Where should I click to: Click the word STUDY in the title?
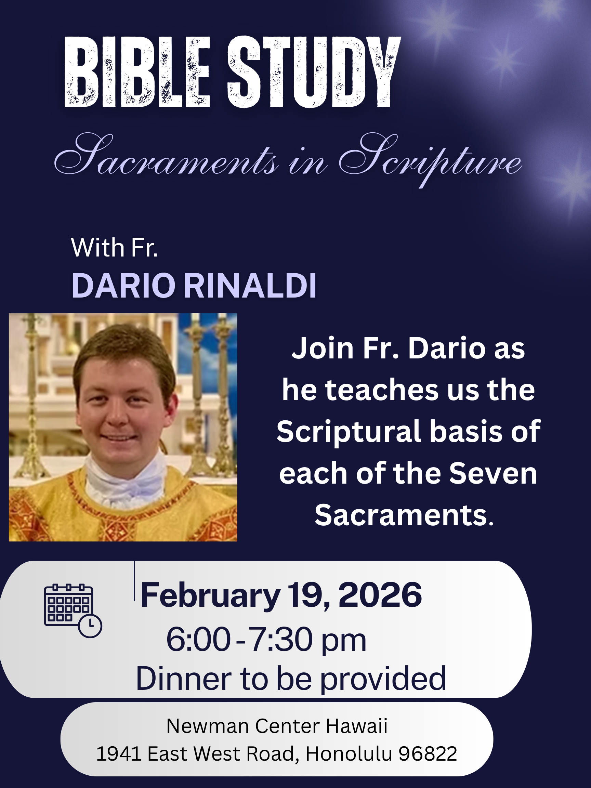point(314,71)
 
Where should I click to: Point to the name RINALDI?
point(250,286)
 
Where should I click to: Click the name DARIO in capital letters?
point(123,286)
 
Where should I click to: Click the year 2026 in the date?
point(380,595)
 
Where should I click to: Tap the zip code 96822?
point(428,754)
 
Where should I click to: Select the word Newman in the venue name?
point(208,726)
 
